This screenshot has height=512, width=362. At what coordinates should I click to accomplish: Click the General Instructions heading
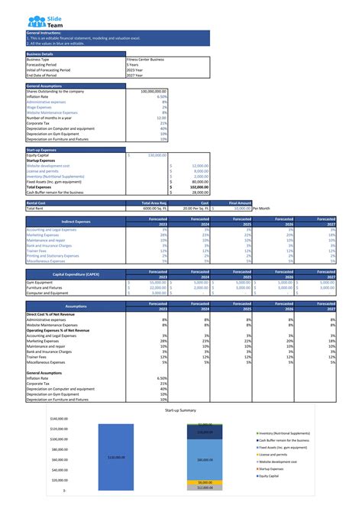pyautogui.click(x=45, y=34)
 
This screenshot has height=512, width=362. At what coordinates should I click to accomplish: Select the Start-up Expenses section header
pyautogui.click(x=42, y=150)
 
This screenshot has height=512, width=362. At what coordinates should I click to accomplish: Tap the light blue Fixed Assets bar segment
pyautogui.click(x=204, y=459)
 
